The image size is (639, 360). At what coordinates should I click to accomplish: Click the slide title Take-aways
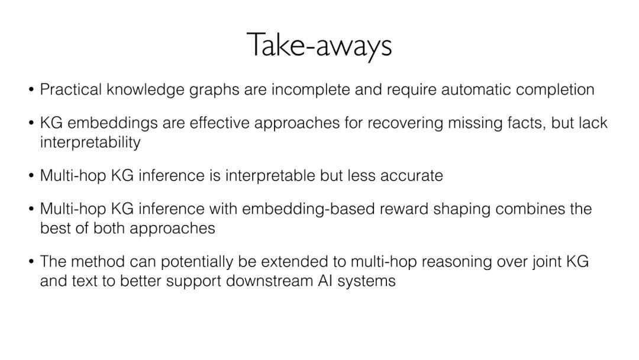(319, 46)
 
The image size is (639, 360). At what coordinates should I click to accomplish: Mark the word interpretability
(90, 143)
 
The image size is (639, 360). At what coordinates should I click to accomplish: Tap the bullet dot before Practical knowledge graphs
(31, 91)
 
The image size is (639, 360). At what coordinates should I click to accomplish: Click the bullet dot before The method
(31, 262)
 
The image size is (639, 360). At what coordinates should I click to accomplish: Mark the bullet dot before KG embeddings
(31, 124)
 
